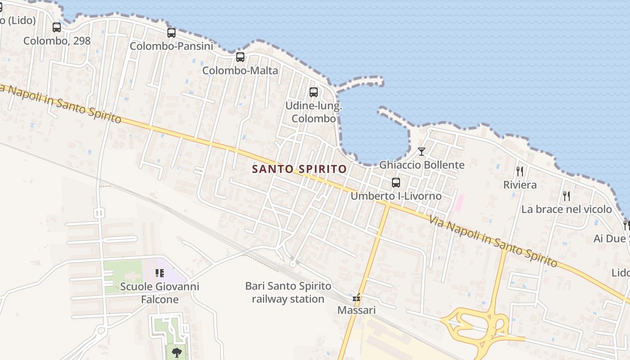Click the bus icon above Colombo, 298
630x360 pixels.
click(57, 27)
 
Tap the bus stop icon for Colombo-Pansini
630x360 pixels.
click(171, 33)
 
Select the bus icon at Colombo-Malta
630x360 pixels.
click(240, 57)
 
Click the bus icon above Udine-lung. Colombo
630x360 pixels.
click(314, 92)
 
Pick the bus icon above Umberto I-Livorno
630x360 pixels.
click(396, 183)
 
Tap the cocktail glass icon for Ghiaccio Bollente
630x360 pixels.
click(422, 152)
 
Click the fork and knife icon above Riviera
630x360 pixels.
click(520, 171)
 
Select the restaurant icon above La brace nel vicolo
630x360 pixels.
click(567, 196)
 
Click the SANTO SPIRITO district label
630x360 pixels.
click(299, 169)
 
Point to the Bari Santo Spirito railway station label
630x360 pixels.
click(288, 292)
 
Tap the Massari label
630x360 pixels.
click(356, 310)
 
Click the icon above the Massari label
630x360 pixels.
click(356, 297)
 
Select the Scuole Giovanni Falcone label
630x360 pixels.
click(160, 293)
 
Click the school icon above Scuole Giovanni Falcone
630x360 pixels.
click(159, 273)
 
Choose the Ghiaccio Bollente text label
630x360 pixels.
click(422, 165)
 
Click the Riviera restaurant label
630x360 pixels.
click(520, 185)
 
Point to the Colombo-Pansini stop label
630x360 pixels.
click(171, 46)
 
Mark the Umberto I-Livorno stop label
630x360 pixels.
click(396, 196)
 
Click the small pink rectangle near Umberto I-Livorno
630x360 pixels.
click(459, 202)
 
